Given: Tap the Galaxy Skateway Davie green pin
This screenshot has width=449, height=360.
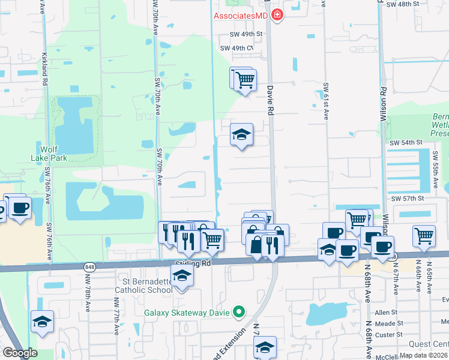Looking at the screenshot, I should point(239,311).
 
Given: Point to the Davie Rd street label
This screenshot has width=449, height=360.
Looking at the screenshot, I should point(270,100).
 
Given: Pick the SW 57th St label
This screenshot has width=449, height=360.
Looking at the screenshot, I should point(408,198).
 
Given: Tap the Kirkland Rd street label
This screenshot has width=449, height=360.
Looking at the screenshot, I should point(45,71).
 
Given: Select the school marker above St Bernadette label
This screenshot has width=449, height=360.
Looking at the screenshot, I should point(181,275).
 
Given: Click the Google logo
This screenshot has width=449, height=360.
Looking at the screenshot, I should point(19,353).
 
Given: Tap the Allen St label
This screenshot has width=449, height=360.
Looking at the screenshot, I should point(386,313).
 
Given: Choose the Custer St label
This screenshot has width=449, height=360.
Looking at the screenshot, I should point(386,334).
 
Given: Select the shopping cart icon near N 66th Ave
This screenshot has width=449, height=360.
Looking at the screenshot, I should point(424,235).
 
